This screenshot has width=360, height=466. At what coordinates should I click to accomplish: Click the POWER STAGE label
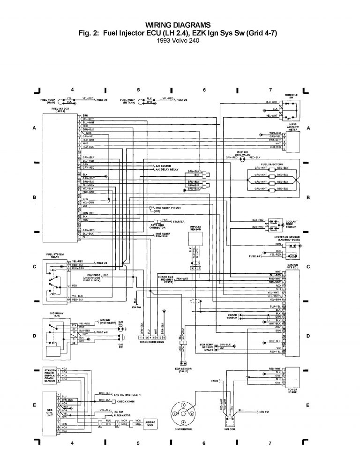point(293,391)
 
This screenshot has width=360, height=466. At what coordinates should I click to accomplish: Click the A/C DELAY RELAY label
point(168,169)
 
